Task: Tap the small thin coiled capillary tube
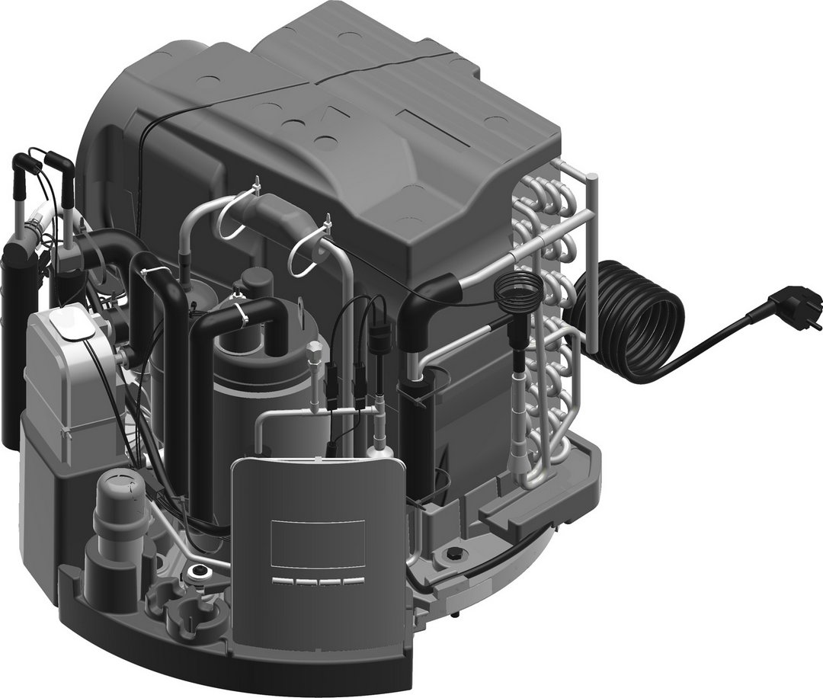tap(519, 287)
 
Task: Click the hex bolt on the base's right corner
tap(456, 554)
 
